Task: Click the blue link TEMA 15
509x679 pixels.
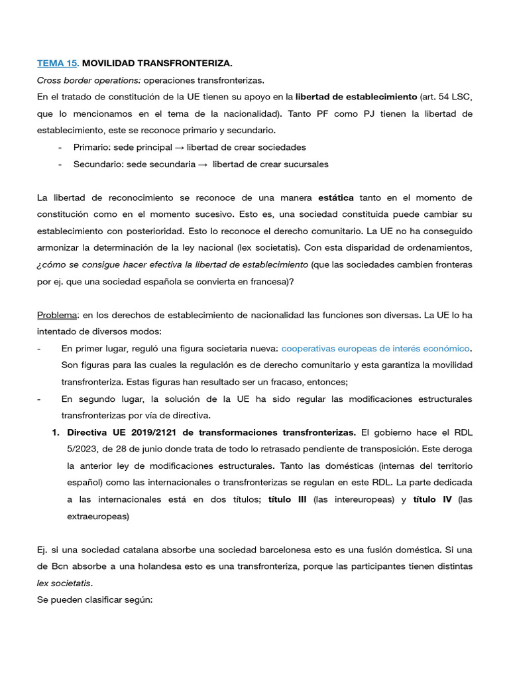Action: pyautogui.click(x=58, y=64)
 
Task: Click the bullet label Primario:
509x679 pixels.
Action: pyautogui.click(x=92, y=147)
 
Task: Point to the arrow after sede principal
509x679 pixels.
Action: pyautogui.click(x=179, y=147)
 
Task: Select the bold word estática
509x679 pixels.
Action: pyautogui.click(x=336, y=198)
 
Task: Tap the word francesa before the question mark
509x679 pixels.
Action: pyautogui.click(x=269, y=280)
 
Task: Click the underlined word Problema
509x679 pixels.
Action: pyautogui.click(x=57, y=314)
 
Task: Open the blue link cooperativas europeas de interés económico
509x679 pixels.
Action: pyautogui.click(x=375, y=348)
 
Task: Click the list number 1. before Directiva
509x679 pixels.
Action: pyautogui.click(x=56, y=432)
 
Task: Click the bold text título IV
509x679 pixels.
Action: pyautogui.click(x=432, y=499)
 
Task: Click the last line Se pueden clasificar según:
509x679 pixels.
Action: pyautogui.click(x=95, y=599)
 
